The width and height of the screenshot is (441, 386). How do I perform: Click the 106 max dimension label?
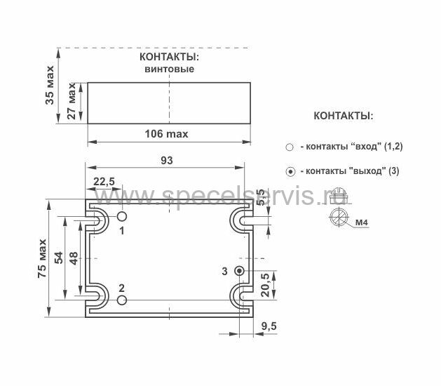point(166,134)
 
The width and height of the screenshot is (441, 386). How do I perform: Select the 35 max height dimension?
point(50,86)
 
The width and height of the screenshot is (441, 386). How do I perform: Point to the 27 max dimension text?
point(72,101)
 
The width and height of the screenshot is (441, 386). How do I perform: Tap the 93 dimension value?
point(167,161)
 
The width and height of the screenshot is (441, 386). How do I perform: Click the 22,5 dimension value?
point(104,182)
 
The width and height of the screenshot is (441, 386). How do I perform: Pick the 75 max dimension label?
point(42,258)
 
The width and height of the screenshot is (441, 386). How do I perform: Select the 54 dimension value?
point(59,258)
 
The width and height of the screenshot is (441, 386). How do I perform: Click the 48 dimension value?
point(74,258)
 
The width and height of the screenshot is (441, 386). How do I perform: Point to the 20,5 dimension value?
point(265,284)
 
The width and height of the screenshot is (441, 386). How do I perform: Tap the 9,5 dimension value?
point(269,326)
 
